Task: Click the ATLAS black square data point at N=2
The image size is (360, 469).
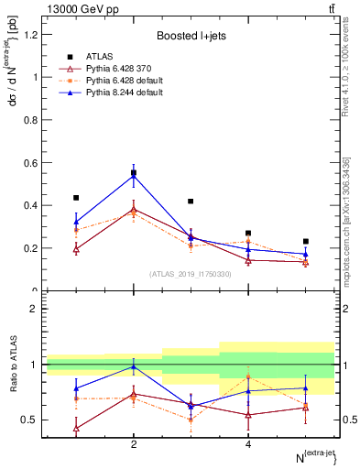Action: click(134, 172)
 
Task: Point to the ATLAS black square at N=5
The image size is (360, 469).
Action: click(305, 241)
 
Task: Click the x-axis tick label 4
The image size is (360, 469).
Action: click(248, 444)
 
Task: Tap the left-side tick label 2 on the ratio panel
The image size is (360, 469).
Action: click(33, 310)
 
